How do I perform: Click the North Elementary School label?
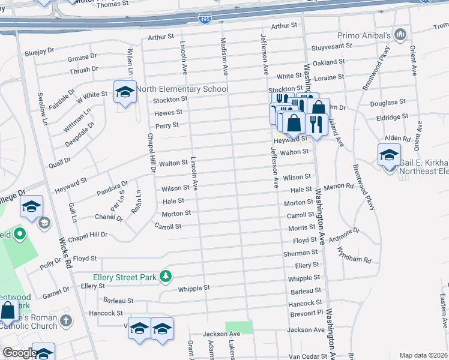[x=182, y=89]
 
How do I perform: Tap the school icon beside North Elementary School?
[x=125, y=92]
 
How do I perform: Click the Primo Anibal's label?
[x=364, y=36]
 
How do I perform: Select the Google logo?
[x=19, y=352]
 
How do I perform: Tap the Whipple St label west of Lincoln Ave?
[x=193, y=288]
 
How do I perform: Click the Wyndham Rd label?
[x=358, y=259]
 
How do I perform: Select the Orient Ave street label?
[x=414, y=60]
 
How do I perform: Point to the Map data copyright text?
[x=423, y=355]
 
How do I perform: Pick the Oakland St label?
[x=328, y=62]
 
